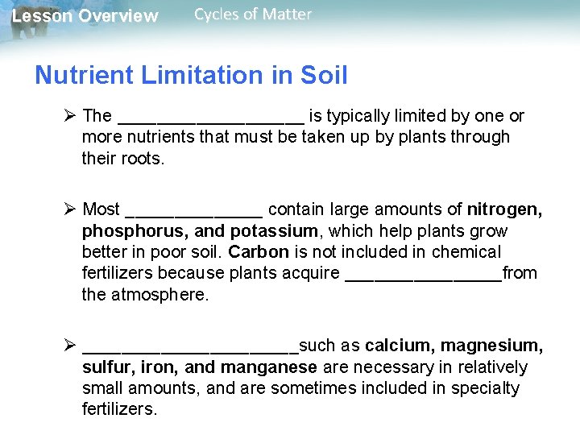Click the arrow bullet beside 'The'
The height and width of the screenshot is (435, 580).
69,116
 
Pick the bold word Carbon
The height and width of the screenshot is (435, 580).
258,252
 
